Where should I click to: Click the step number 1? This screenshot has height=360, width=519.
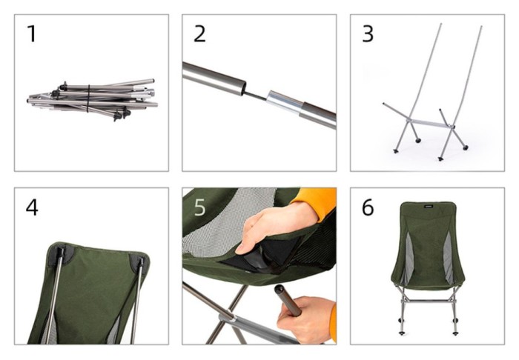click(x=31, y=34)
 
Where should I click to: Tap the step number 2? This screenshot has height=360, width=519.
click(x=199, y=34)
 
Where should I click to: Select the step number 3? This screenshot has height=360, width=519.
click(x=368, y=34)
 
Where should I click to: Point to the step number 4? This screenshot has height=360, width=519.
click(x=32, y=207)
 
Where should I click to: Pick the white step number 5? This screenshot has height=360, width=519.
click(x=200, y=207)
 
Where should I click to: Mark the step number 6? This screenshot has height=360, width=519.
click(x=368, y=207)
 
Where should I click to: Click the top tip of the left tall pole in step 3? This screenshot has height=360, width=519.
click(x=440, y=24)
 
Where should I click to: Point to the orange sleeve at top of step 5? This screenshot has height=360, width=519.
click(x=315, y=202)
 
